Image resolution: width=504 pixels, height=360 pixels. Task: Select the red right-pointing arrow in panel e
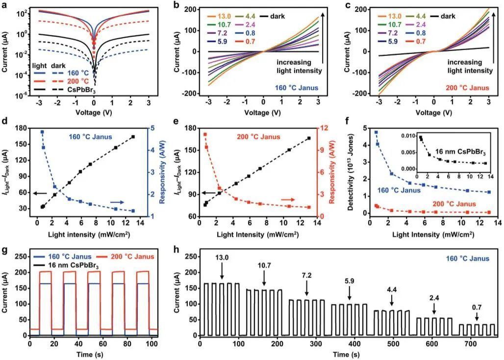[x=288, y=200]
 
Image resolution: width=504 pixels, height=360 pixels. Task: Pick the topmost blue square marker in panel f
[x=376, y=132]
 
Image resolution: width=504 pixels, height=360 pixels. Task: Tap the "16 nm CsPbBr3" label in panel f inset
[x=457, y=146]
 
